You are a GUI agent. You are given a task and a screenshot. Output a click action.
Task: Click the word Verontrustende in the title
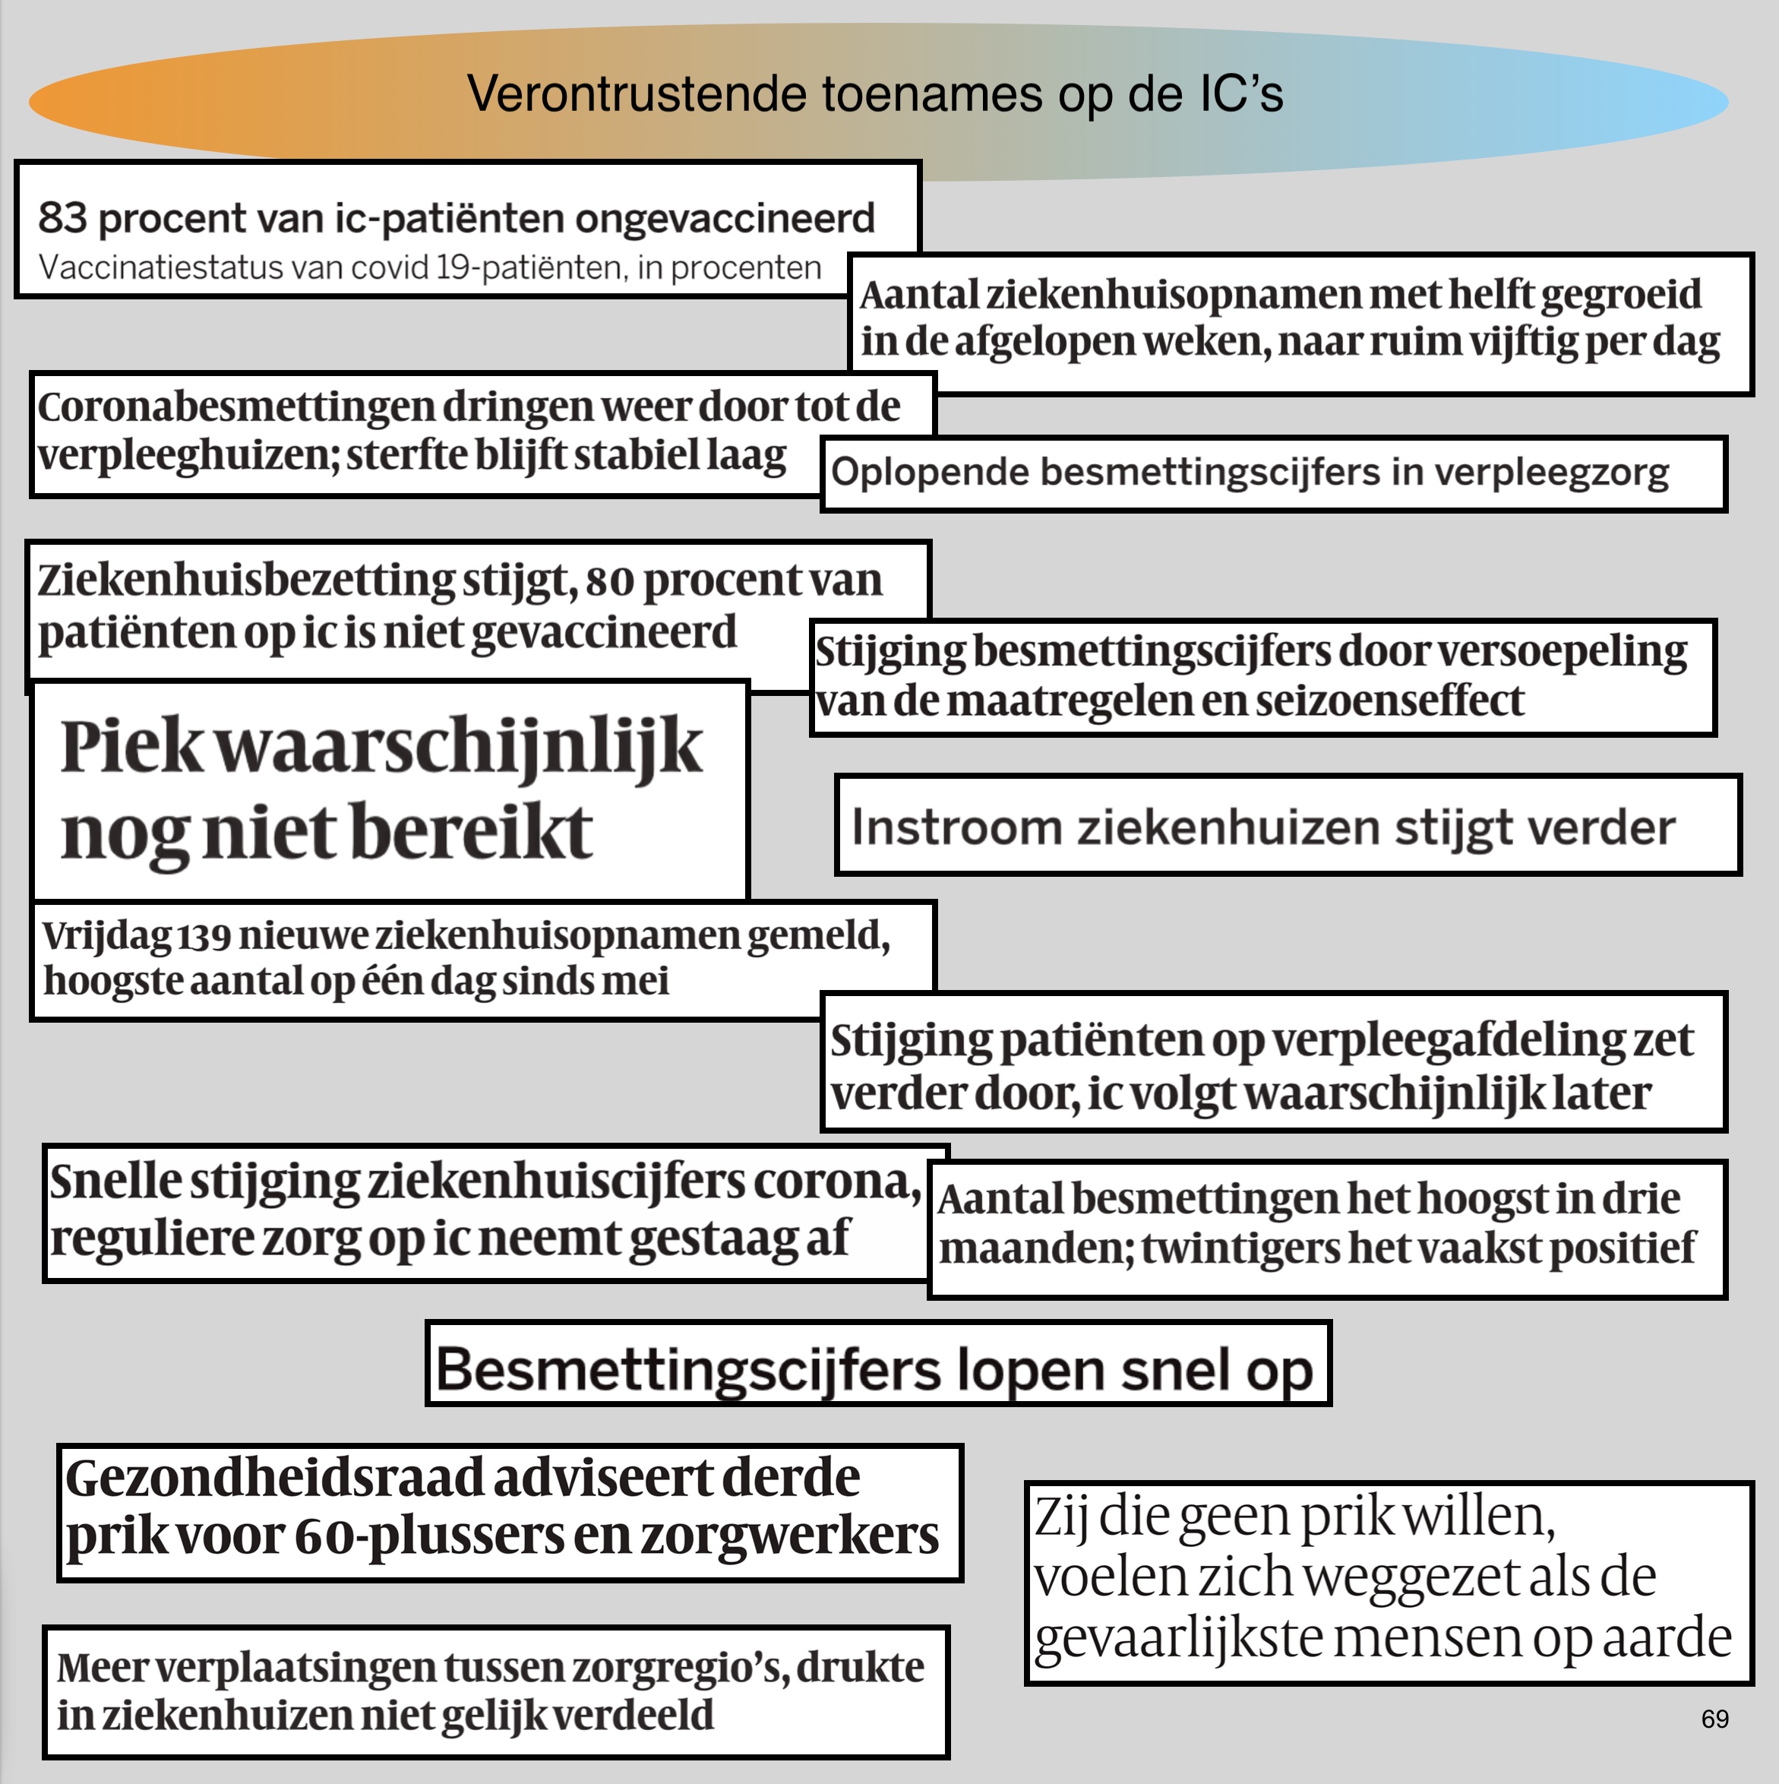(636, 93)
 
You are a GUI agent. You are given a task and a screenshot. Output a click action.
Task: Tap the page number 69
(1714, 1719)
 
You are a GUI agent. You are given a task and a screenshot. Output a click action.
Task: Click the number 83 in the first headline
(62, 218)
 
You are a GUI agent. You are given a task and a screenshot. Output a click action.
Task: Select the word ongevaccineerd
(725, 220)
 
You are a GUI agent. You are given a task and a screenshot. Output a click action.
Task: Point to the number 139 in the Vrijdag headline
(203, 935)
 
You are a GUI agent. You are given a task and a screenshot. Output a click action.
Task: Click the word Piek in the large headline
(131, 746)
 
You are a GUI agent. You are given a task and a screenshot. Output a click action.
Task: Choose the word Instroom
(956, 827)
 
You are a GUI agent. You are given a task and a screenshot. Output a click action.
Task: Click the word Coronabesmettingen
(235, 406)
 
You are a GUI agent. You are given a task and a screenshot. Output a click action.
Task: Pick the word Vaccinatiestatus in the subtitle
(160, 267)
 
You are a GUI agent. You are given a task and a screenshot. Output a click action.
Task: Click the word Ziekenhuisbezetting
(245, 580)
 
